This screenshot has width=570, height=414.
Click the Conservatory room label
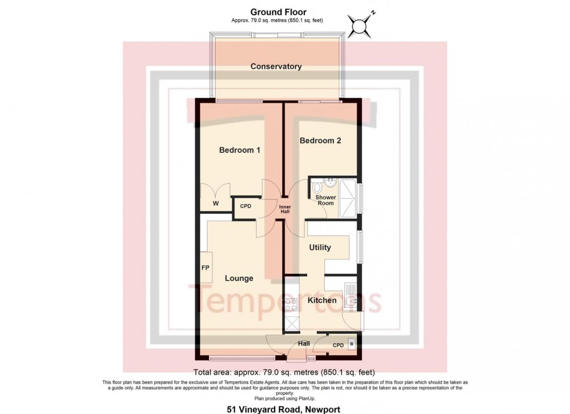pyautogui.click(x=276, y=66)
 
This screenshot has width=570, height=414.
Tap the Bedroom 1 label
pyautogui.click(x=239, y=150)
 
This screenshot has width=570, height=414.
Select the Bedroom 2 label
pyautogui.click(x=320, y=140)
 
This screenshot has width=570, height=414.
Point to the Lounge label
pyautogui.click(x=239, y=279)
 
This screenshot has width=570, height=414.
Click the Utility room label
pyautogui.click(x=320, y=247)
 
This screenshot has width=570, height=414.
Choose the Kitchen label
pyautogui.click(x=322, y=301)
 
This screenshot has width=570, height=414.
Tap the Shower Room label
pyautogui.click(x=325, y=200)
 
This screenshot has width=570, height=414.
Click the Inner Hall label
pyautogui.click(x=284, y=210)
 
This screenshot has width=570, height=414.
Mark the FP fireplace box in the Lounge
pyautogui.click(x=205, y=268)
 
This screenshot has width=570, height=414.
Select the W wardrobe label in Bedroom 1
pyautogui.click(x=215, y=204)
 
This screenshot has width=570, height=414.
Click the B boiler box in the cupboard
pyautogui.click(x=351, y=344)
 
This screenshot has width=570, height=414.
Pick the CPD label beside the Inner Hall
pyautogui.click(x=245, y=206)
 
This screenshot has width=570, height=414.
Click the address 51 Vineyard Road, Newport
pyautogui.click(x=283, y=409)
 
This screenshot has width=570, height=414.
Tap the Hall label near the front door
pyautogui.click(x=304, y=344)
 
